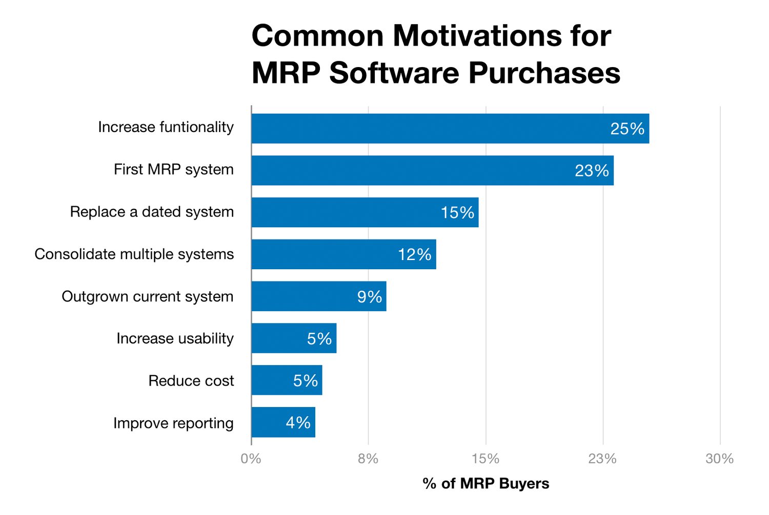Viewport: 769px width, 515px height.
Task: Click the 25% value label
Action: coord(627,129)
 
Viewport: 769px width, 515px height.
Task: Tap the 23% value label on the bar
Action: coord(592,171)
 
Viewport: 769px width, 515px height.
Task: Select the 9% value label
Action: coord(370,297)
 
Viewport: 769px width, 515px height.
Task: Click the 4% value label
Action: coord(298,423)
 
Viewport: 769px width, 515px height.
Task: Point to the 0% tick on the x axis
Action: coord(251,459)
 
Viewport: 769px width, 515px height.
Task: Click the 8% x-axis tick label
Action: coord(368,459)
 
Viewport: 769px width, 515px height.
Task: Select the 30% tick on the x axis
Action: coord(719,459)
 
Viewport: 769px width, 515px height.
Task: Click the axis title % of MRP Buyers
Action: coord(485,483)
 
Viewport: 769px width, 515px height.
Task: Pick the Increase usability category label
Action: coord(175,338)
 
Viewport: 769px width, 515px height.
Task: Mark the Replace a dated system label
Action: coord(152,212)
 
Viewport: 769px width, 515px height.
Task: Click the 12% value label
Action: coord(414,255)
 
